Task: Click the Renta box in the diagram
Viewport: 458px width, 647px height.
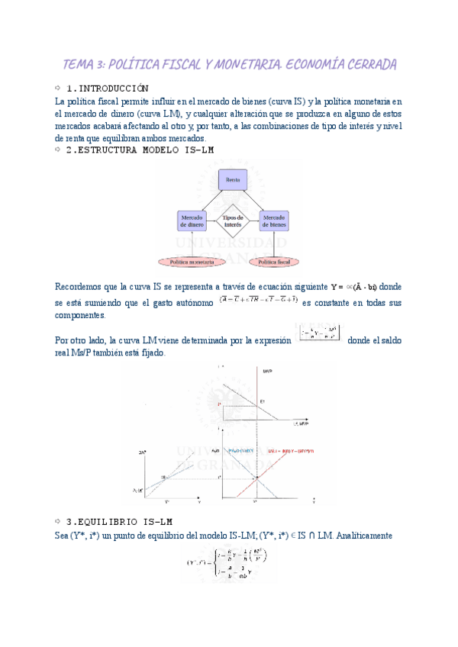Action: [x=233, y=180]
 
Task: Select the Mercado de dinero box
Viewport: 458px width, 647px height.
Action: [x=192, y=221]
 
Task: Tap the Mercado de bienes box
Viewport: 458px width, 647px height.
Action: [x=273, y=221]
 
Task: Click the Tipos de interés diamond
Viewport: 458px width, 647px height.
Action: [x=232, y=221]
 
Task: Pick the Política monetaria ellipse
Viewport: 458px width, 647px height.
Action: [x=192, y=262]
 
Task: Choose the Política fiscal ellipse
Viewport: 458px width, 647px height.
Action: [x=273, y=262]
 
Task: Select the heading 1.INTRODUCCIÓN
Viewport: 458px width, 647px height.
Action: [x=107, y=88]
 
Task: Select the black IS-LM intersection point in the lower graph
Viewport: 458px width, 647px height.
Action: [x=256, y=478]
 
